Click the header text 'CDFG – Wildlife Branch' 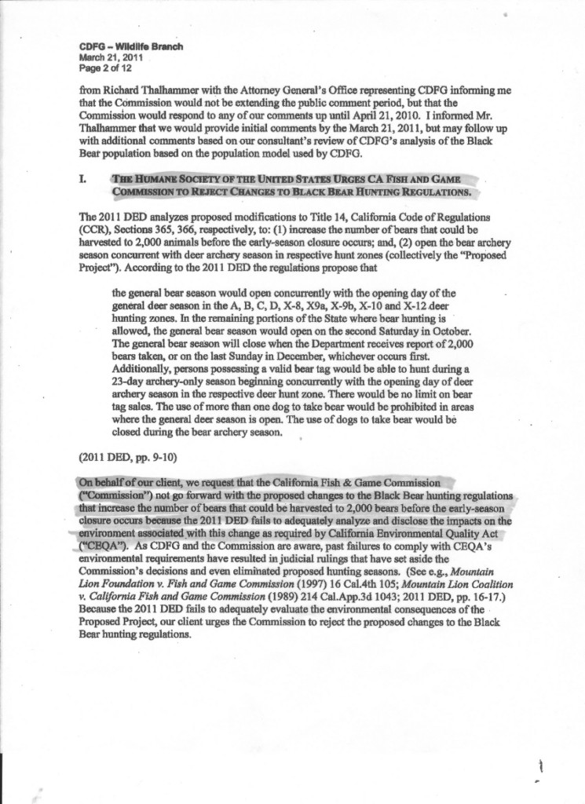(131, 47)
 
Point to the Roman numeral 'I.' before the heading (83, 180)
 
